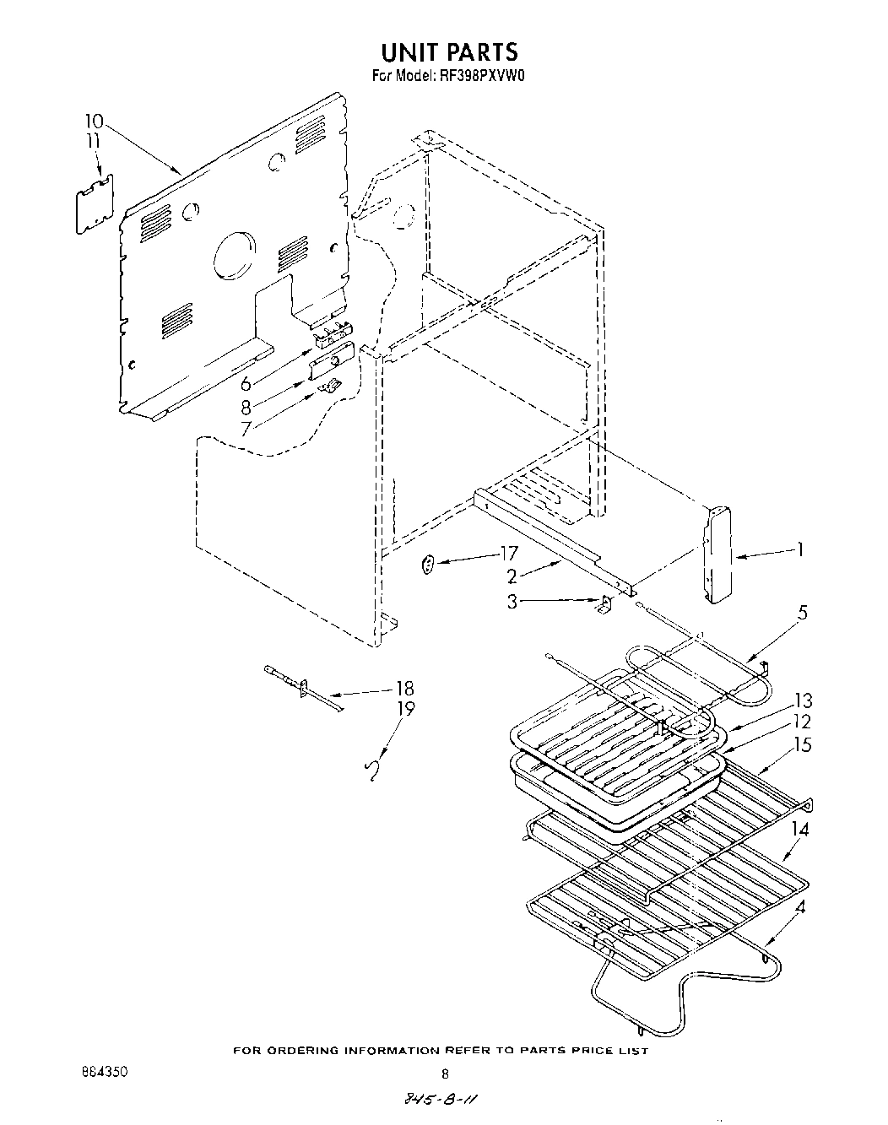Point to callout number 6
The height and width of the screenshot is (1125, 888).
point(246,383)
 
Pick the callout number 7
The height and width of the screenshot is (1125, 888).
point(246,429)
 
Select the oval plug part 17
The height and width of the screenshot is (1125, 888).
point(428,565)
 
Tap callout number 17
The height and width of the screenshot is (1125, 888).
point(508,554)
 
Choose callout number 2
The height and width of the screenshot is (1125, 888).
point(512,577)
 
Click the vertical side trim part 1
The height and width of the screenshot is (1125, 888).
point(717,554)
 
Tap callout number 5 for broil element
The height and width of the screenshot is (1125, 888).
point(802,613)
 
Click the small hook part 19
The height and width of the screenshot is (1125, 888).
point(370,771)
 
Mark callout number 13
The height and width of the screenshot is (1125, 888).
point(802,700)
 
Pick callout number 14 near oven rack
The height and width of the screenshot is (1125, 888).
point(799,830)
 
